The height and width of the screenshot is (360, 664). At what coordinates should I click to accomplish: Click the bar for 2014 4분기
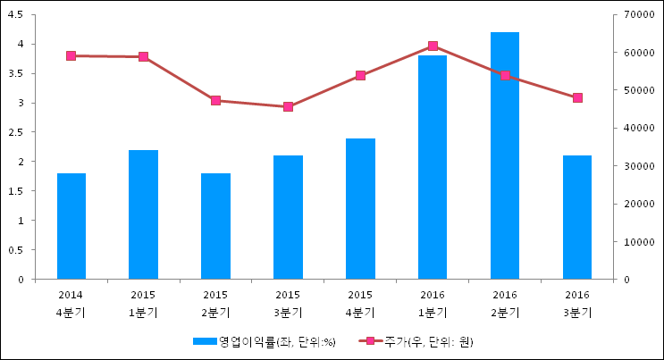click(x=71, y=226)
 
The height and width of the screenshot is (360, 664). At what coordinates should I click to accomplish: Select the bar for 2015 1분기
click(x=143, y=214)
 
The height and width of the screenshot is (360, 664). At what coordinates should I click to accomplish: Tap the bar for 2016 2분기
click(x=505, y=155)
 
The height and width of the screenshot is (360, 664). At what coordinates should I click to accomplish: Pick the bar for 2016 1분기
click(x=433, y=167)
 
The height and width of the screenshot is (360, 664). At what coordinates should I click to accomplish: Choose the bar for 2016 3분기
click(x=577, y=217)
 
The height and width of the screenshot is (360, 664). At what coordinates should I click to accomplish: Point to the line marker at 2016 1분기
click(x=433, y=46)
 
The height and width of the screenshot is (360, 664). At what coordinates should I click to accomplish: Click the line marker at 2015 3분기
click(x=288, y=106)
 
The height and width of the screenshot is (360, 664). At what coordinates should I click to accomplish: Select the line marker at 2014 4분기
click(x=71, y=55)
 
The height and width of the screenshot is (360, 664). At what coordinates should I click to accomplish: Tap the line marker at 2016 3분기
click(x=577, y=97)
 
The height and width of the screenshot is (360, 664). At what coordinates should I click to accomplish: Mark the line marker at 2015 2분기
click(x=215, y=100)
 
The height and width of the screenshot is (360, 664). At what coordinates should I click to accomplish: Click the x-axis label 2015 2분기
click(x=215, y=303)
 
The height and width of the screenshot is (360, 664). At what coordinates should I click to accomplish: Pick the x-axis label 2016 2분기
click(x=505, y=303)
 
